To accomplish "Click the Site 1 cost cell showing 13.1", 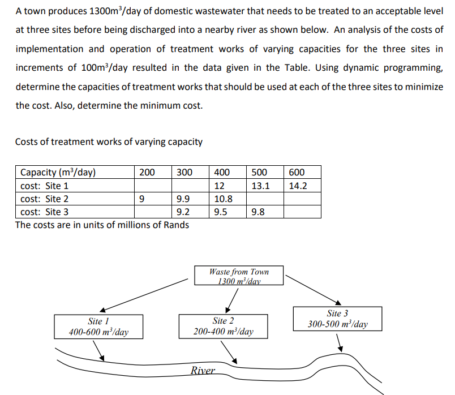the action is pyautogui.click(x=260, y=186).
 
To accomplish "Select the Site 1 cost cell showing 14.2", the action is pyautogui.click(x=297, y=186).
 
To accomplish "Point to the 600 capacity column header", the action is pyautogui.click(x=297, y=172).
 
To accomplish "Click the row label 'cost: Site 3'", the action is pyautogui.click(x=44, y=213).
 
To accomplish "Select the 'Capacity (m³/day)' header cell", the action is pyautogui.click(x=58, y=172).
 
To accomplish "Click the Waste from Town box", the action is pyautogui.click(x=239, y=276).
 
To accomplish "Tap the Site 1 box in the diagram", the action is pyautogui.click(x=98, y=327).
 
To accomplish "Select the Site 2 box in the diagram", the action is pyautogui.click(x=223, y=327).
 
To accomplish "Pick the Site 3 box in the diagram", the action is pyautogui.click(x=337, y=319).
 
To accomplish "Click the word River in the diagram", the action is pyautogui.click(x=203, y=371).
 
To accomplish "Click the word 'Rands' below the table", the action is pyautogui.click(x=177, y=225).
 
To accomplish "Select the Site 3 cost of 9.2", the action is pyautogui.click(x=183, y=213).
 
